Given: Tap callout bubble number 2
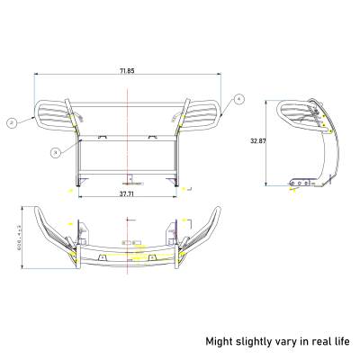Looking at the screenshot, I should (12, 121).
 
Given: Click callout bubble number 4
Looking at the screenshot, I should (239, 98).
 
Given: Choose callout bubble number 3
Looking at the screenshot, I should (56, 153).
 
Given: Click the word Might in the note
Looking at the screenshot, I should (220, 341).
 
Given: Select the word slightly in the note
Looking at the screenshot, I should (256, 341).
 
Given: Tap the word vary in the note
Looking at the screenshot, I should (288, 341).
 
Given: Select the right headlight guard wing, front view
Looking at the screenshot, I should (203, 117).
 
